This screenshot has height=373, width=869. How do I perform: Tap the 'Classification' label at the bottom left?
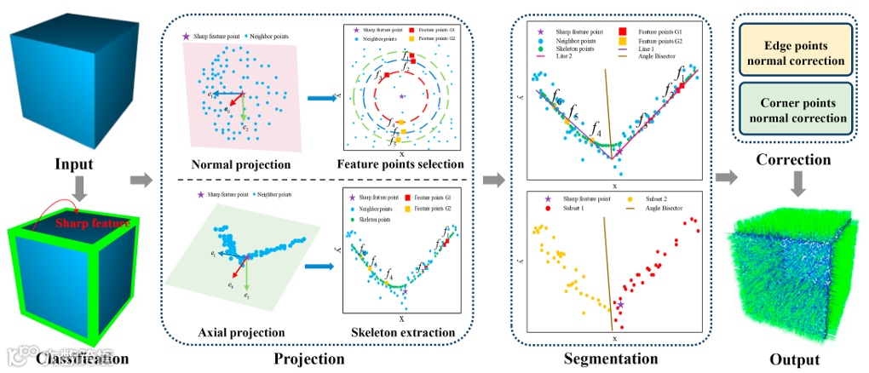point(83,359)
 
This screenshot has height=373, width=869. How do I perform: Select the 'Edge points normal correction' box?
point(792,52)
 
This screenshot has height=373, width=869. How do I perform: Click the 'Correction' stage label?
point(792,159)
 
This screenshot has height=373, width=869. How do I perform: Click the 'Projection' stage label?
point(309,359)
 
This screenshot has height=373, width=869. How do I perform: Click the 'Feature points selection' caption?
point(400,164)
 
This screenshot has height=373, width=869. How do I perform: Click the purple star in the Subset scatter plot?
point(621,304)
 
